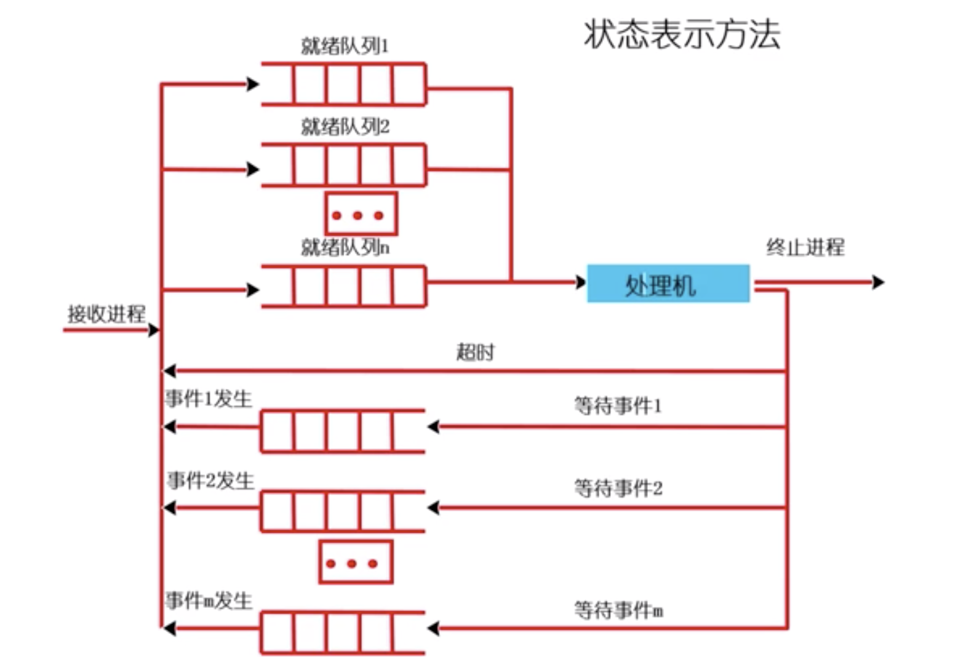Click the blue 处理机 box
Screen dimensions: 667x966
tap(668, 284)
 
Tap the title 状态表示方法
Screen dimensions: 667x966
tap(682, 34)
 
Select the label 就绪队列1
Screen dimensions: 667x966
tap(345, 46)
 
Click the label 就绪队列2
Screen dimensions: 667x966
tap(345, 127)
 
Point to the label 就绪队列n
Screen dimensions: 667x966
tap(345, 247)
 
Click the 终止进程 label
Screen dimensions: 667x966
tap(805, 247)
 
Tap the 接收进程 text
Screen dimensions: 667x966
tap(106, 314)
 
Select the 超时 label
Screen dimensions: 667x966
tap(475, 352)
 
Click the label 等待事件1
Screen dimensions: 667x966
tap(618, 405)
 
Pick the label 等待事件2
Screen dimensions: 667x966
tap(618, 489)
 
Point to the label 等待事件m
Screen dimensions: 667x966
tap(618, 610)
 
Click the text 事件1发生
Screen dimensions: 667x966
tap(208, 399)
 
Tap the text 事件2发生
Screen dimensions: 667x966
tap(210, 481)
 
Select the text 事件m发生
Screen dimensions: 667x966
tap(209, 601)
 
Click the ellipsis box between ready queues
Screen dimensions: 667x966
tap(361, 214)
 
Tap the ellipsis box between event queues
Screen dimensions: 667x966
tap(356, 562)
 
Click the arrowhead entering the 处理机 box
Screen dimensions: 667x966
tap(581, 282)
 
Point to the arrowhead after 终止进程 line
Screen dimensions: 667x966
tap(879, 282)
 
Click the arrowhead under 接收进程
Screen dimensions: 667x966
tap(154, 330)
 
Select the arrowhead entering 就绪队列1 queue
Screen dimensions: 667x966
tap(253, 84)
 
